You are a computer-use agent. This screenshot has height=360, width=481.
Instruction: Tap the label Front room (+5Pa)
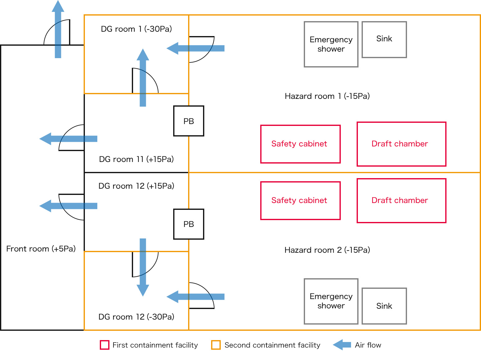pos(41,249)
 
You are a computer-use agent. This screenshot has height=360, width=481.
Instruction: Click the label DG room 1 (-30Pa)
pos(136,29)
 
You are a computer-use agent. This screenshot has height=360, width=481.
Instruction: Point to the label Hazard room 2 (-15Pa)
pos(327,250)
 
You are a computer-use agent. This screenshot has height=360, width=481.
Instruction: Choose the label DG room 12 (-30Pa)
pos(136,317)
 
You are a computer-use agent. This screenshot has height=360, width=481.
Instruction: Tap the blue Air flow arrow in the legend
pos(342,345)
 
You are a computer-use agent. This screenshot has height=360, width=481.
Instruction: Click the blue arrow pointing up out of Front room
pos(58,29)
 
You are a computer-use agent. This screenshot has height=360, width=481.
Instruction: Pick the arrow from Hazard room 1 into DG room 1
pos(196,48)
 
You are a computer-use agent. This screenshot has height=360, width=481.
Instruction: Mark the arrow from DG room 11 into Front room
pos(68,139)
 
